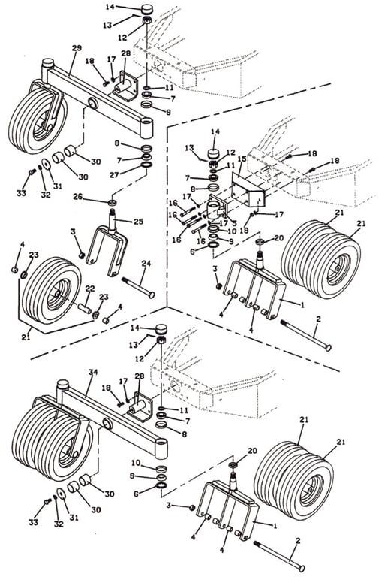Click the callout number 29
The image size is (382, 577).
[x=77, y=48]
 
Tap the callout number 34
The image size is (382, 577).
[x=93, y=372]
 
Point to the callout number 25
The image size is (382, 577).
[x=138, y=222]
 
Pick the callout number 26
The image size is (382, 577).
[x=78, y=197]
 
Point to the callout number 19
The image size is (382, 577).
[x=244, y=231]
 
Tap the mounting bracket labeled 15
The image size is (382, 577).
[x=247, y=192]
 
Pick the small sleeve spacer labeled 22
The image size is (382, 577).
[x=84, y=307]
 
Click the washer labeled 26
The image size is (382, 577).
[x=112, y=202]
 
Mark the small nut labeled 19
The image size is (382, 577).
[x=253, y=214]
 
